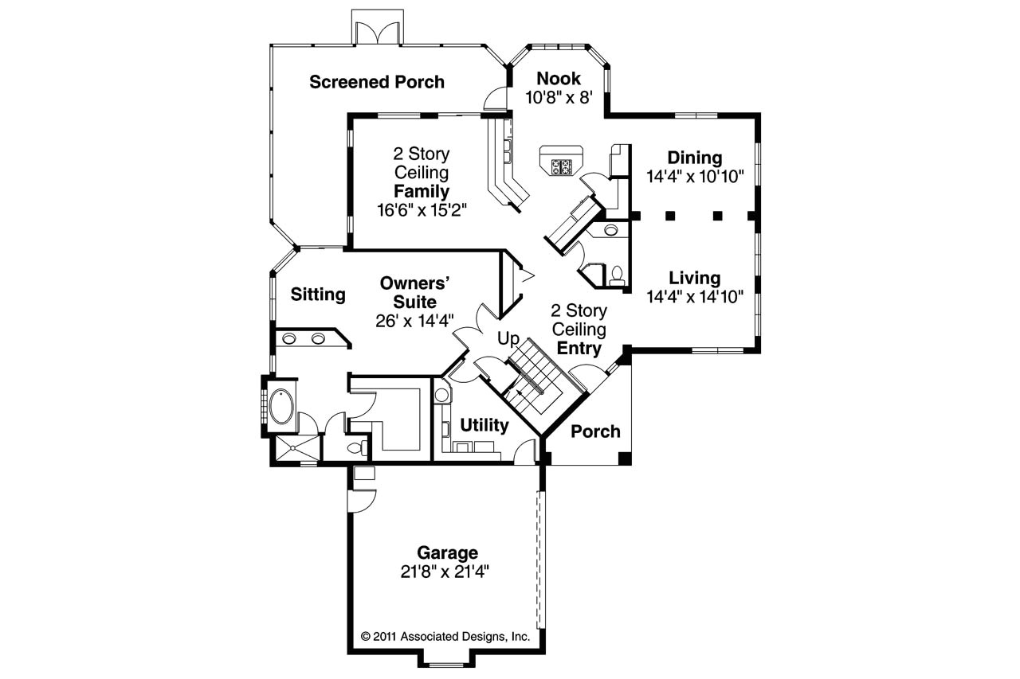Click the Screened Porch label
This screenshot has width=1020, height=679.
[x=377, y=82]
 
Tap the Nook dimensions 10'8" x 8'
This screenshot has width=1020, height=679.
[x=559, y=97]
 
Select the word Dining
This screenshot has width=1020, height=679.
[x=695, y=158]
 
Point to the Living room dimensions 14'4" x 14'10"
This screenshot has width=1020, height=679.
[x=695, y=297]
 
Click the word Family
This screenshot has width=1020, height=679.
[x=422, y=192]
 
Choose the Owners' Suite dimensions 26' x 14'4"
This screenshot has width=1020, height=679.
[x=414, y=321]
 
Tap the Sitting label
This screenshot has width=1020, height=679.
[x=318, y=295]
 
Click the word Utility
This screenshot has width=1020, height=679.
[x=484, y=425]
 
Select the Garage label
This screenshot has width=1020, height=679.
[x=448, y=552]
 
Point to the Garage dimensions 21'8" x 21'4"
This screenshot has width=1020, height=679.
[x=448, y=571]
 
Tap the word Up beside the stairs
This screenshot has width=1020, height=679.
[x=508, y=339]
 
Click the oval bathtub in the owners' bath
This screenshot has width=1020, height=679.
[x=281, y=407]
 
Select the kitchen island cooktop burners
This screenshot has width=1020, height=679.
[x=561, y=166]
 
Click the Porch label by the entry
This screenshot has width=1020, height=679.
[x=595, y=431]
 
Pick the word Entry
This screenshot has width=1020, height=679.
[x=579, y=348]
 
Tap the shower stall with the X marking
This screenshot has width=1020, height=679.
[x=295, y=448]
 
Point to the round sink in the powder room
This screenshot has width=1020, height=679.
[x=610, y=231]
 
